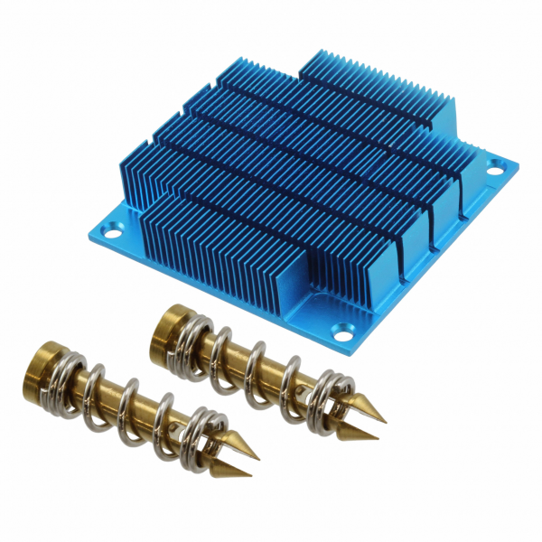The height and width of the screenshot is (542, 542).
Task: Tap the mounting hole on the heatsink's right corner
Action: click(495, 166)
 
